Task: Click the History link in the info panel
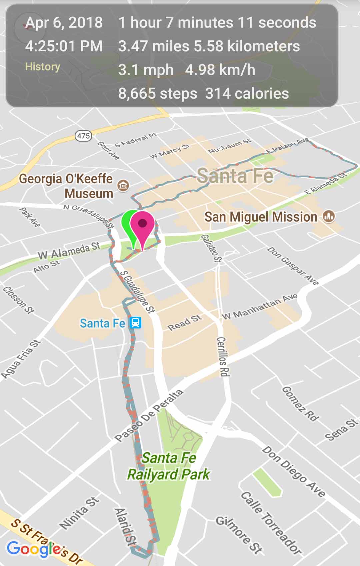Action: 43,67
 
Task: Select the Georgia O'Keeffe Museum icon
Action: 123,185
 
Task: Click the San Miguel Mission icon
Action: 329,217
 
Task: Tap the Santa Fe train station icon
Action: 135,323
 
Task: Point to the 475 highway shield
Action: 83,136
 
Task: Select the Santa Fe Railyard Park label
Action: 169,466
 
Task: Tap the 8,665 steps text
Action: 157,94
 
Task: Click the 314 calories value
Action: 247,94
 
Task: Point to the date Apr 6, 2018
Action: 64,23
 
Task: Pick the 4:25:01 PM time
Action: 64,46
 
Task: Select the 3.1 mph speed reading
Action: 146,70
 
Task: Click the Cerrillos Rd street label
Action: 223,356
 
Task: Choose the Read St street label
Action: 185,322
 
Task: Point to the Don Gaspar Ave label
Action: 293,266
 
